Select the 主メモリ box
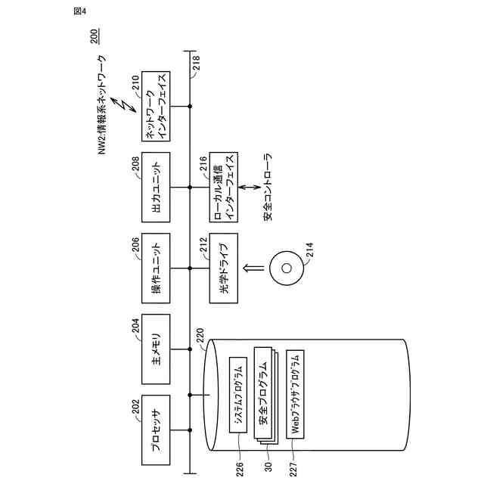(x=158, y=351)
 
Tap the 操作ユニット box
(x=158, y=268)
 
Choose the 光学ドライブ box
(x=223, y=268)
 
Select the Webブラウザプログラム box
(x=296, y=397)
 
